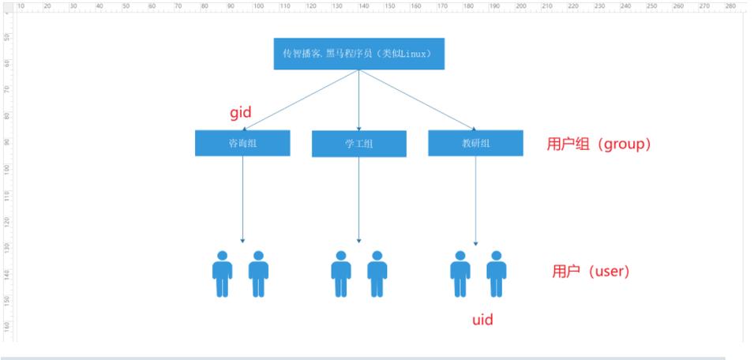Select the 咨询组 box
(242, 142)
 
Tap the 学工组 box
(359, 144)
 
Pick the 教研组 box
(475, 142)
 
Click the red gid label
(240, 113)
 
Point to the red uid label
(482, 321)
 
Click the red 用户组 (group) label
(598, 145)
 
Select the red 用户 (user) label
(590, 272)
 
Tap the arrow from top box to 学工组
(359, 99)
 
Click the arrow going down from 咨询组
(242, 197)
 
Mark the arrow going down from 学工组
(359, 197)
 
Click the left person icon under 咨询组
(223, 274)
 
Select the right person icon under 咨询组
(258, 274)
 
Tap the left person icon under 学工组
(341, 274)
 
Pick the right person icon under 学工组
(377, 274)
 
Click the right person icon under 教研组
(496, 274)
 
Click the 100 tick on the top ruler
(258, 6)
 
